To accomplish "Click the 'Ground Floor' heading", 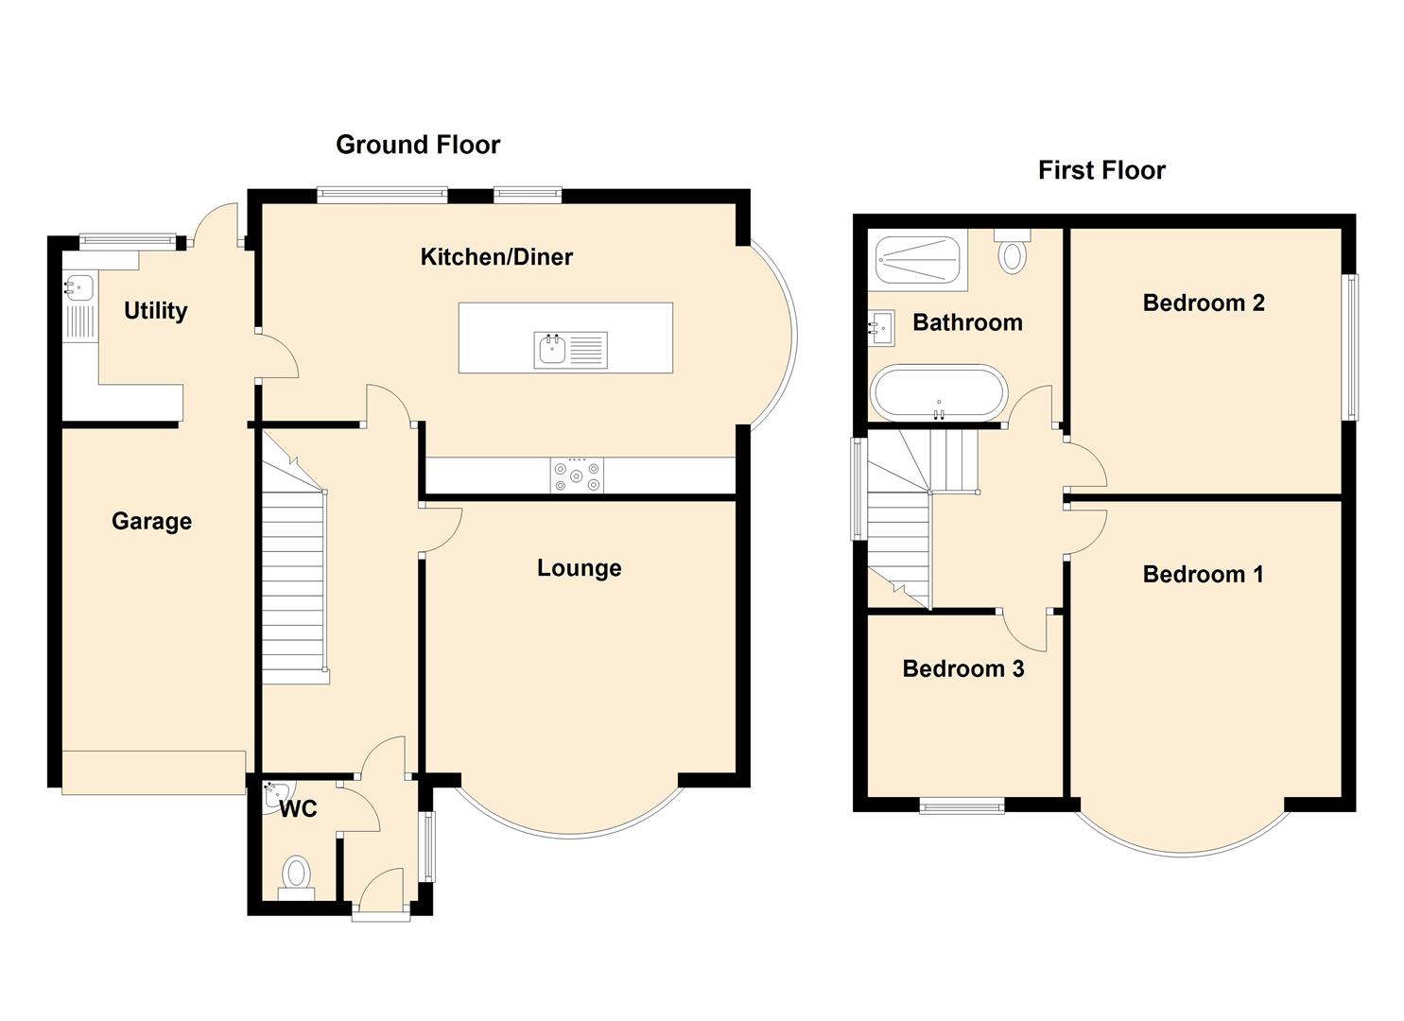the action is tap(418, 145).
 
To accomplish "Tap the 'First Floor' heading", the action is tap(1101, 170).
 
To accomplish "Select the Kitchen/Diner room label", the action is tap(496, 257).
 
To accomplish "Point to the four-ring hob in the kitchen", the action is tap(577, 476).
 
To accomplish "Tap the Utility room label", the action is tap(155, 311).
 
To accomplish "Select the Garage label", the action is tap(151, 522).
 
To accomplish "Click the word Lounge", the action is tap(580, 568).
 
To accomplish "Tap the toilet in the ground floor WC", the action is tap(297, 879).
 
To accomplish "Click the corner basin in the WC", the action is tap(273, 796).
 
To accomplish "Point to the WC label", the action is tap(299, 809).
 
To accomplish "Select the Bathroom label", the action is tap(968, 322).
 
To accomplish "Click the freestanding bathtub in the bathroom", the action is tap(938, 393).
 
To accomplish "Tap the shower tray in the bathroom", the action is tap(918, 260).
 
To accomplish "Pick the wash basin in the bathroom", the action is tap(881, 327).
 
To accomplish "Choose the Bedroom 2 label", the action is tap(1204, 303).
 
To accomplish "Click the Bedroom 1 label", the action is tap(1203, 575).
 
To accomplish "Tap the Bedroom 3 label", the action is tap(963, 668).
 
